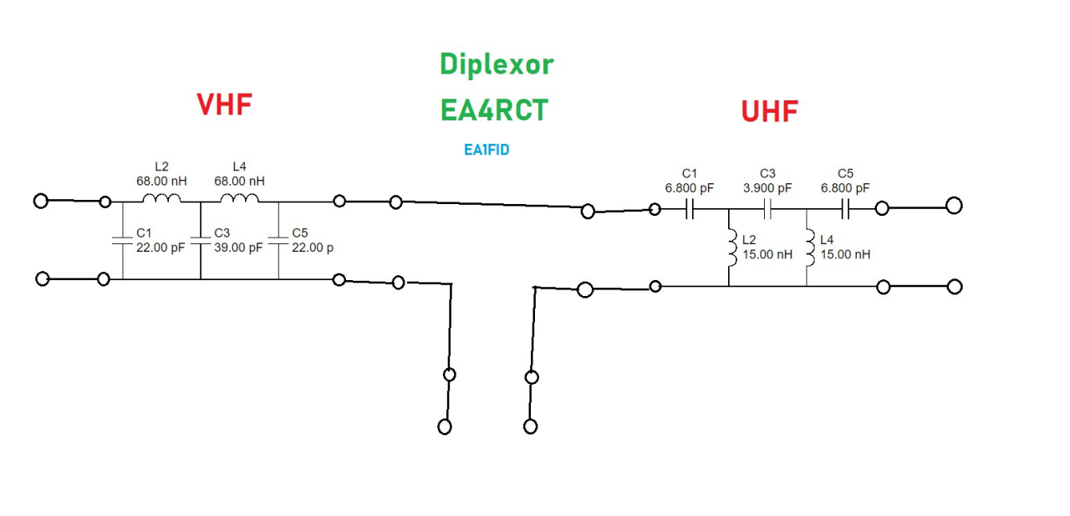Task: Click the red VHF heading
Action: tap(224, 104)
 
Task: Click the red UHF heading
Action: tap(769, 111)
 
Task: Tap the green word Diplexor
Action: tap(497, 64)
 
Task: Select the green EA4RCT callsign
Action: tap(495, 110)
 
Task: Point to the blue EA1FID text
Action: tap(487, 151)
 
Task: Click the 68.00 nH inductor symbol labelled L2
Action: tap(161, 199)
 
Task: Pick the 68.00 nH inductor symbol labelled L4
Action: tap(239, 199)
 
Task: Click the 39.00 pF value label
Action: tap(238, 248)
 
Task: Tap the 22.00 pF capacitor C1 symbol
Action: tap(123, 241)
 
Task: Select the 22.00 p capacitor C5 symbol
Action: tap(278, 241)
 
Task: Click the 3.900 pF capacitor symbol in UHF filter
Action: tap(767, 210)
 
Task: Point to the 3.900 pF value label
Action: tap(767, 188)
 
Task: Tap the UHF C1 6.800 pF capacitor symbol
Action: tap(690, 210)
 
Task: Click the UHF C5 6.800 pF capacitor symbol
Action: tap(845, 210)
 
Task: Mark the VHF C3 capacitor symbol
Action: tap(201, 241)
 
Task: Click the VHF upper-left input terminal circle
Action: tap(41, 201)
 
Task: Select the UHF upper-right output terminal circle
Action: tap(954, 206)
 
